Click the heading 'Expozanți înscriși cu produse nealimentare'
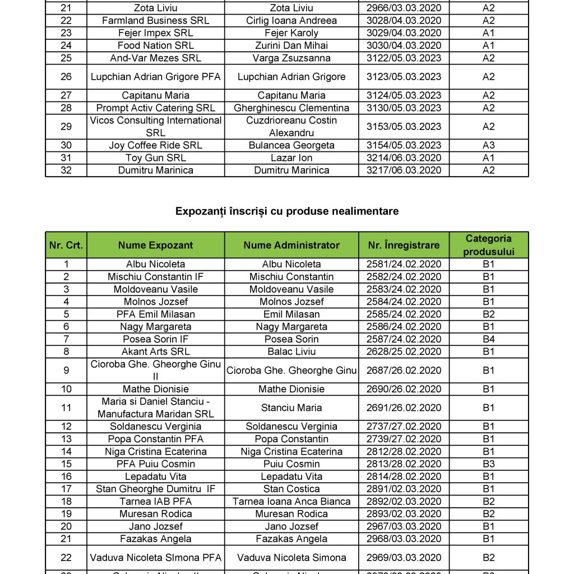pyautogui.click(x=287, y=211)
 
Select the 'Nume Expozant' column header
pyautogui.click(x=155, y=245)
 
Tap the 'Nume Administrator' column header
pyautogui.click(x=291, y=245)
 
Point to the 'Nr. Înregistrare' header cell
pyautogui.click(x=404, y=245)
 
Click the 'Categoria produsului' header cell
pyautogui.click(x=489, y=245)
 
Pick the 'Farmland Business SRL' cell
pyautogui.click(x=155, y=21)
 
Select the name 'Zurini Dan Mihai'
pyautogui.click(x=291, y=45)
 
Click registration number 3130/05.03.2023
pyautogui.click(x=404, y=108)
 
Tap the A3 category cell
pyautogui.click(x=489, y=145)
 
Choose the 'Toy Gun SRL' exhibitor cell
pyautogui.click(x=155, y=158)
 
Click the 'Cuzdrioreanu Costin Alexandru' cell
pyautogui.click(x=291, y=127)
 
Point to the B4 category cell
pyautogui.click(x=489, y=339)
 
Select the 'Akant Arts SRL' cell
pyautogui.click(x=155, y=351)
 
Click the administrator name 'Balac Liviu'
pyautogui.click(x=291, y=351)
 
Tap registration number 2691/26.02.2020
pyautogui.click(x=404, y=408)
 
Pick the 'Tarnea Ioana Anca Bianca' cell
pyautogui.click(x=291, y=501)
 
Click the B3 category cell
pyautogui.click(x=489, y=464)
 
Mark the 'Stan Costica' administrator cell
pyautogui.click(x=291, y=489)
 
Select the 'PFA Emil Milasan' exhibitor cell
pyautogui.click(x=155, y=314)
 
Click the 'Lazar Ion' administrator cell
pyautogui.click(x=291, y=158)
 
